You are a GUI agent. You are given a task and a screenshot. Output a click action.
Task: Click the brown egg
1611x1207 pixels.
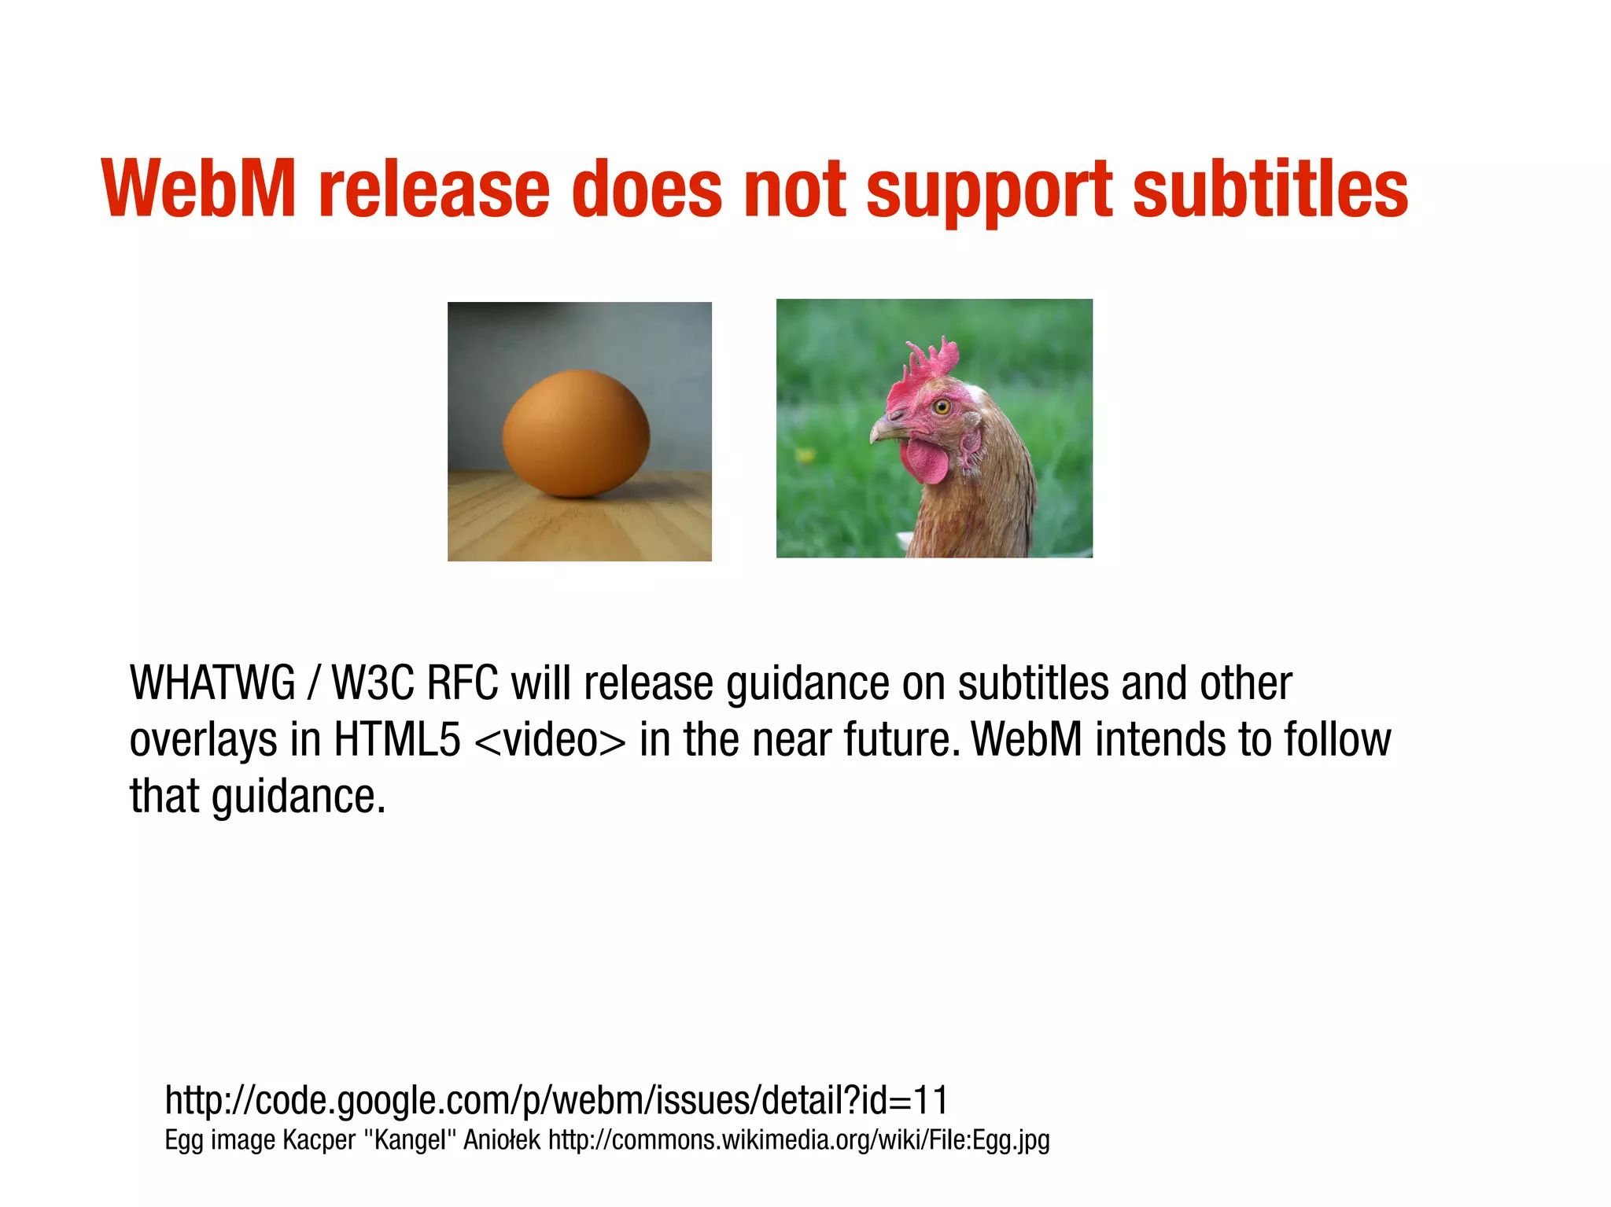577,433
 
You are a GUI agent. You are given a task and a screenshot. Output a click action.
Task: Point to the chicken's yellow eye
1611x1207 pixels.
942,407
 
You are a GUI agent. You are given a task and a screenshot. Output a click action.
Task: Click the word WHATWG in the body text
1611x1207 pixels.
212,683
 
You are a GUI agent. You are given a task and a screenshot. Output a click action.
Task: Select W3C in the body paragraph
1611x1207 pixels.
372,683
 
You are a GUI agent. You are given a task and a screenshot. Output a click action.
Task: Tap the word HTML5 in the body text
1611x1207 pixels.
396,739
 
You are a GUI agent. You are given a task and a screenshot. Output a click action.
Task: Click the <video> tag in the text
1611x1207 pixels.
551,741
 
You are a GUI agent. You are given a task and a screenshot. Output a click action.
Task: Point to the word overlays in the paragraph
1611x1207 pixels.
203,741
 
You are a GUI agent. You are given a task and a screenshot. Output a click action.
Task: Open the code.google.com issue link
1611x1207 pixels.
556,1100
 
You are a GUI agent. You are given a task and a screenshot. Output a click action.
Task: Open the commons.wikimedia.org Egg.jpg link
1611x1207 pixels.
798,1140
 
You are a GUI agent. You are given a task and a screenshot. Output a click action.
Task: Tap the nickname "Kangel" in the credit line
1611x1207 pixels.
409,1140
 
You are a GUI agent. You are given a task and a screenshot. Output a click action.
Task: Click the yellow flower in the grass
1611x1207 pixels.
805,455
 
